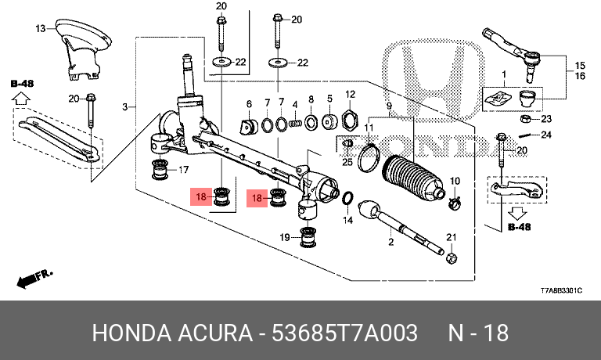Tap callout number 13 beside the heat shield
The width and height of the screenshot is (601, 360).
click(x=41, y=30)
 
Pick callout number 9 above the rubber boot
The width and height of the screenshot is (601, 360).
click(x=249, y=103)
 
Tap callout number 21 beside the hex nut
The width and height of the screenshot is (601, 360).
click(x=450, y=237)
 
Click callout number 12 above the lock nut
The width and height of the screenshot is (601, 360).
click(x=350, y=94)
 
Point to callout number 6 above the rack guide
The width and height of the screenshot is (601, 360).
click(x=249, y=103)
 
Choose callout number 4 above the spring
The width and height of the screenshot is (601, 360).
click(x=295, y=104)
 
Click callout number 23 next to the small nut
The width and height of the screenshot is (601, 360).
click(x=546, y=119)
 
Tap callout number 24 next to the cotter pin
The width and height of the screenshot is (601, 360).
click(x=546, y=135)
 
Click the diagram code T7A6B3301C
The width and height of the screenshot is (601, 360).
click(x=561, y=290)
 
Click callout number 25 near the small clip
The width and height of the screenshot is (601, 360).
click(x=347, y=161)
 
